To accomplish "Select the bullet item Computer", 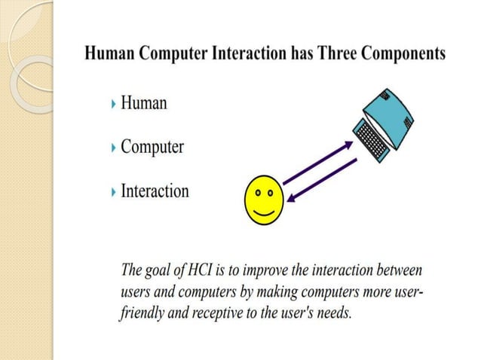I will click(152, 146).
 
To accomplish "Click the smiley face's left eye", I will click(258, 193).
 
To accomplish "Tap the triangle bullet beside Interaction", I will click(114, 191).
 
